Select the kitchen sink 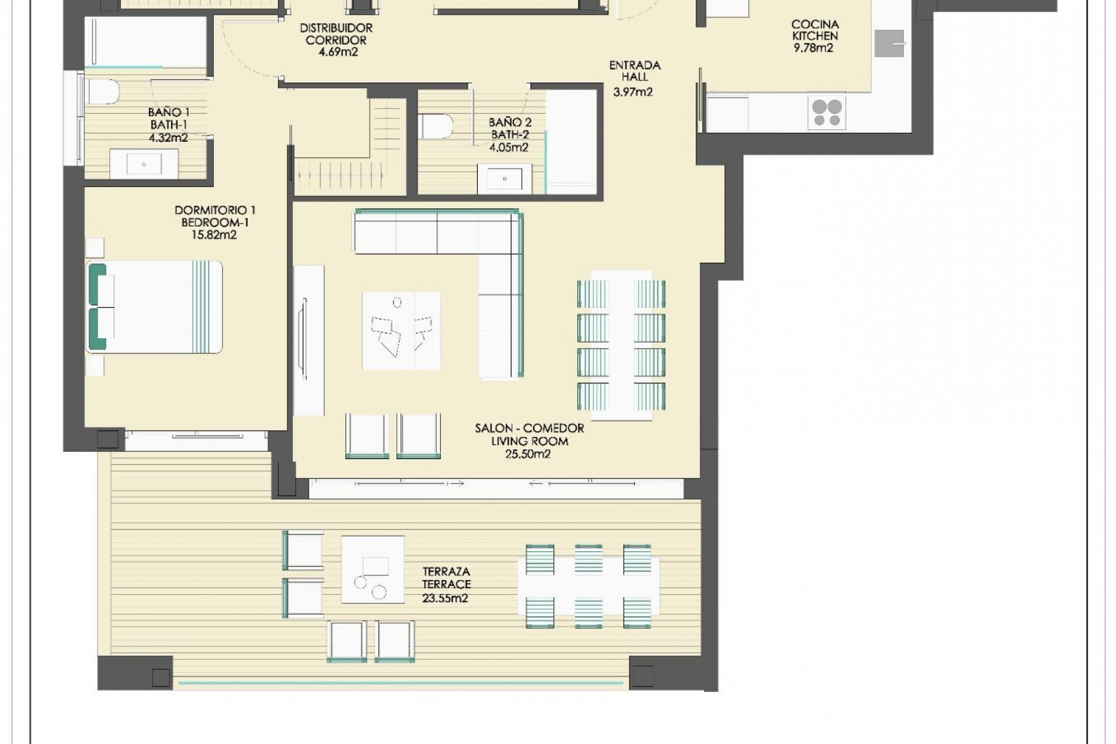tap(889, 44)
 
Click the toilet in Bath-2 tap(435, 126)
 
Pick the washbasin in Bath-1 tap(144, 164)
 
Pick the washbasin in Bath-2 tap(504, 179)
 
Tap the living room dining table tap(621, 345)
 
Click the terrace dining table tap(588, 586)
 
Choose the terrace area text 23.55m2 tap(445, 598)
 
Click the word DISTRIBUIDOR tap(336, 28)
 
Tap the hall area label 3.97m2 tap(633, 92)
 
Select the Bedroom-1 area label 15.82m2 tap(214, 235)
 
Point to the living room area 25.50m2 tap(528, 454)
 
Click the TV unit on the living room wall tap(308, 340)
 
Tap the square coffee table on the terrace tap(373, 570)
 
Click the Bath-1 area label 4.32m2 tap(169, 138)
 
